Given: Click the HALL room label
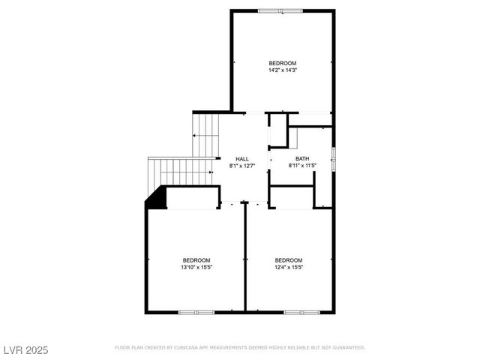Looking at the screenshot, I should pyautogui.click(x=242, y=158).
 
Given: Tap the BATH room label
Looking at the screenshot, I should pyautogui.click(x=302, y=158).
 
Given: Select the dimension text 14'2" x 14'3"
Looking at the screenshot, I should pyautogui.click(x=282, y=70).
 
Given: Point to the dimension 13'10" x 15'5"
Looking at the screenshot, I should pyautogui.click(x=196, y=267).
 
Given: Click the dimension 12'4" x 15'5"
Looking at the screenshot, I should pyautogui.click(x=289, y=267).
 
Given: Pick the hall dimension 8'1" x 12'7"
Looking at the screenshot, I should pyautogui.click(x=242, y=166).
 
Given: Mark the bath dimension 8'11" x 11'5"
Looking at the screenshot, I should pyautogui.click(x=302, y=166).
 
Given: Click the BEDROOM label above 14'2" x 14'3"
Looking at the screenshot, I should pyautogui.click(x=282, y=62).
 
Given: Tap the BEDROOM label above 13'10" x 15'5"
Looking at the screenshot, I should pyautogui.click(x=196, y=259).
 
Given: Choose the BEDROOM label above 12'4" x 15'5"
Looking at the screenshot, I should pyautogui.click(x=289, y=259).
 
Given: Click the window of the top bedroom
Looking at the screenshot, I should pyautogui.click(x=280, y=10).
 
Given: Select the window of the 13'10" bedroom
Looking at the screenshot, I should pyautogui.click(x=196, y=311).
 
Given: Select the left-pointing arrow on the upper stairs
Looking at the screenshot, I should pyautogui.click(x=195, y=136).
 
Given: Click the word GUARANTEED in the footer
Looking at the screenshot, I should pyautogui.click(x=347, y=348).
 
